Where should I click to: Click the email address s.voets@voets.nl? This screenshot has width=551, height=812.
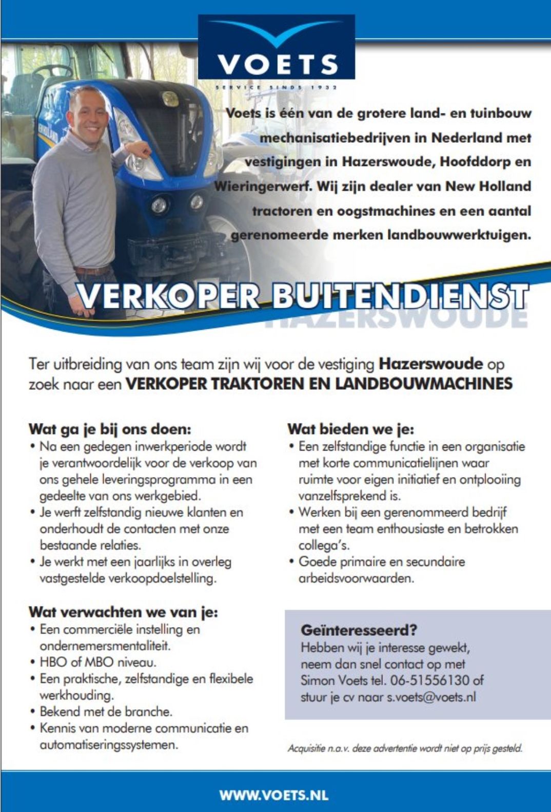[431, 697]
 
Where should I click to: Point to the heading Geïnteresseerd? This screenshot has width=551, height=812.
[359, 630]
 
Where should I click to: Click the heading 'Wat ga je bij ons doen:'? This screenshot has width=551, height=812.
[110, 429]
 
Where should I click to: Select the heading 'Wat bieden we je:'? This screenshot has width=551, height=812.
[351, 429]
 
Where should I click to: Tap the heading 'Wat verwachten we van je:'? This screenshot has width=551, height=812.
[123, 612]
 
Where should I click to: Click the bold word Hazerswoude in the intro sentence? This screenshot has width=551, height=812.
[430, 364]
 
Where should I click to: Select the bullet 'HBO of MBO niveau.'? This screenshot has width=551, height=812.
[98, 662]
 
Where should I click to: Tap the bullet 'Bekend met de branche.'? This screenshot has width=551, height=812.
[106, 711]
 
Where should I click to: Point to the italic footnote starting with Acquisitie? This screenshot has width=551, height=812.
[405, 748]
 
